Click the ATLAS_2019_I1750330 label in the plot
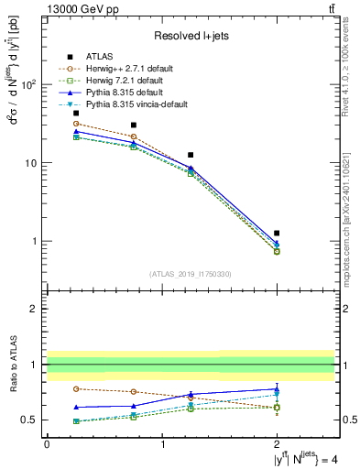pos(191,274)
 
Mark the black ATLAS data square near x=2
pos(277,233)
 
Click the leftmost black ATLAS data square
pos(76,114)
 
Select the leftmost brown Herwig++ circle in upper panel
pos(76,124)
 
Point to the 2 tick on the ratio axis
pos(34,309)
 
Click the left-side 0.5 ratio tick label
pos(30,420)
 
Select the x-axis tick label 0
pos(47,443)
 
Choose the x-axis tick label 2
pos(277,443)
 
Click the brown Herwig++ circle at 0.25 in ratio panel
pos(76,388)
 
